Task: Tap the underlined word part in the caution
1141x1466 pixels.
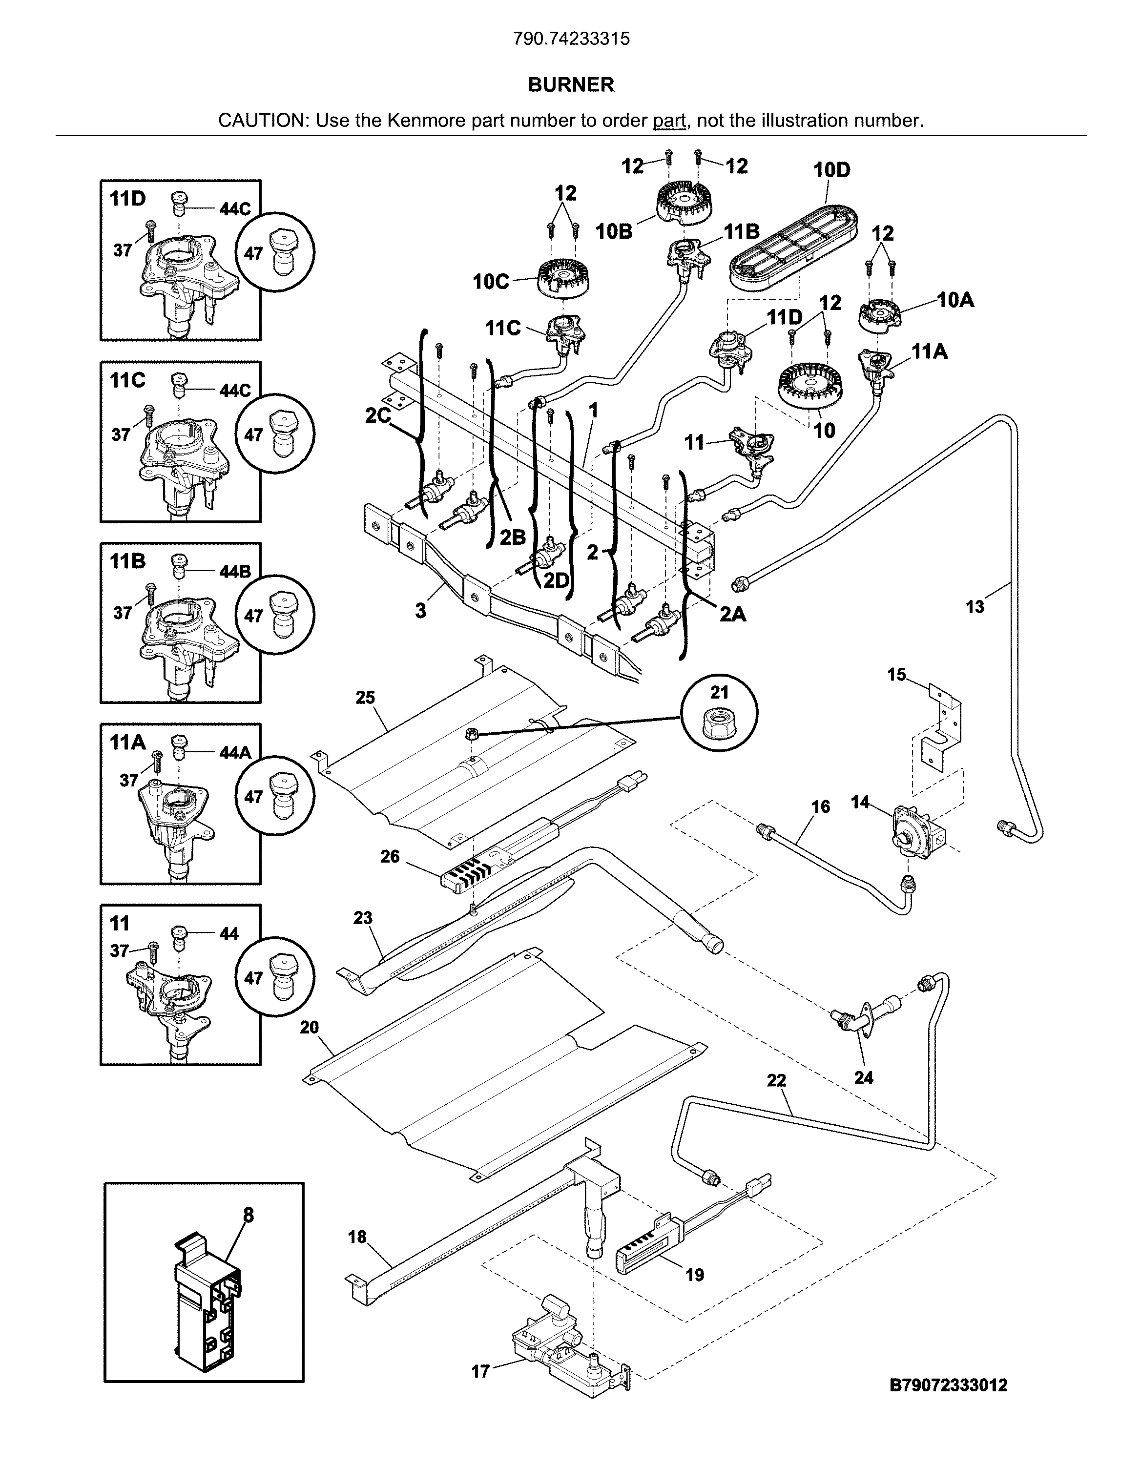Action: click(x=669, y=121)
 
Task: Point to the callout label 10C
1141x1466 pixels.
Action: click(x=491, y=282)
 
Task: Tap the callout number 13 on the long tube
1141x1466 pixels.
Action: click(x=975, y=607)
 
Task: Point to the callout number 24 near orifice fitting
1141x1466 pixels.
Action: click(x=864, y=1077)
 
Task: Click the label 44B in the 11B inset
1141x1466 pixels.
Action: click(x=235, y=571)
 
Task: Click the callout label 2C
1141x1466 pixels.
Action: click(x=378, y=416)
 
